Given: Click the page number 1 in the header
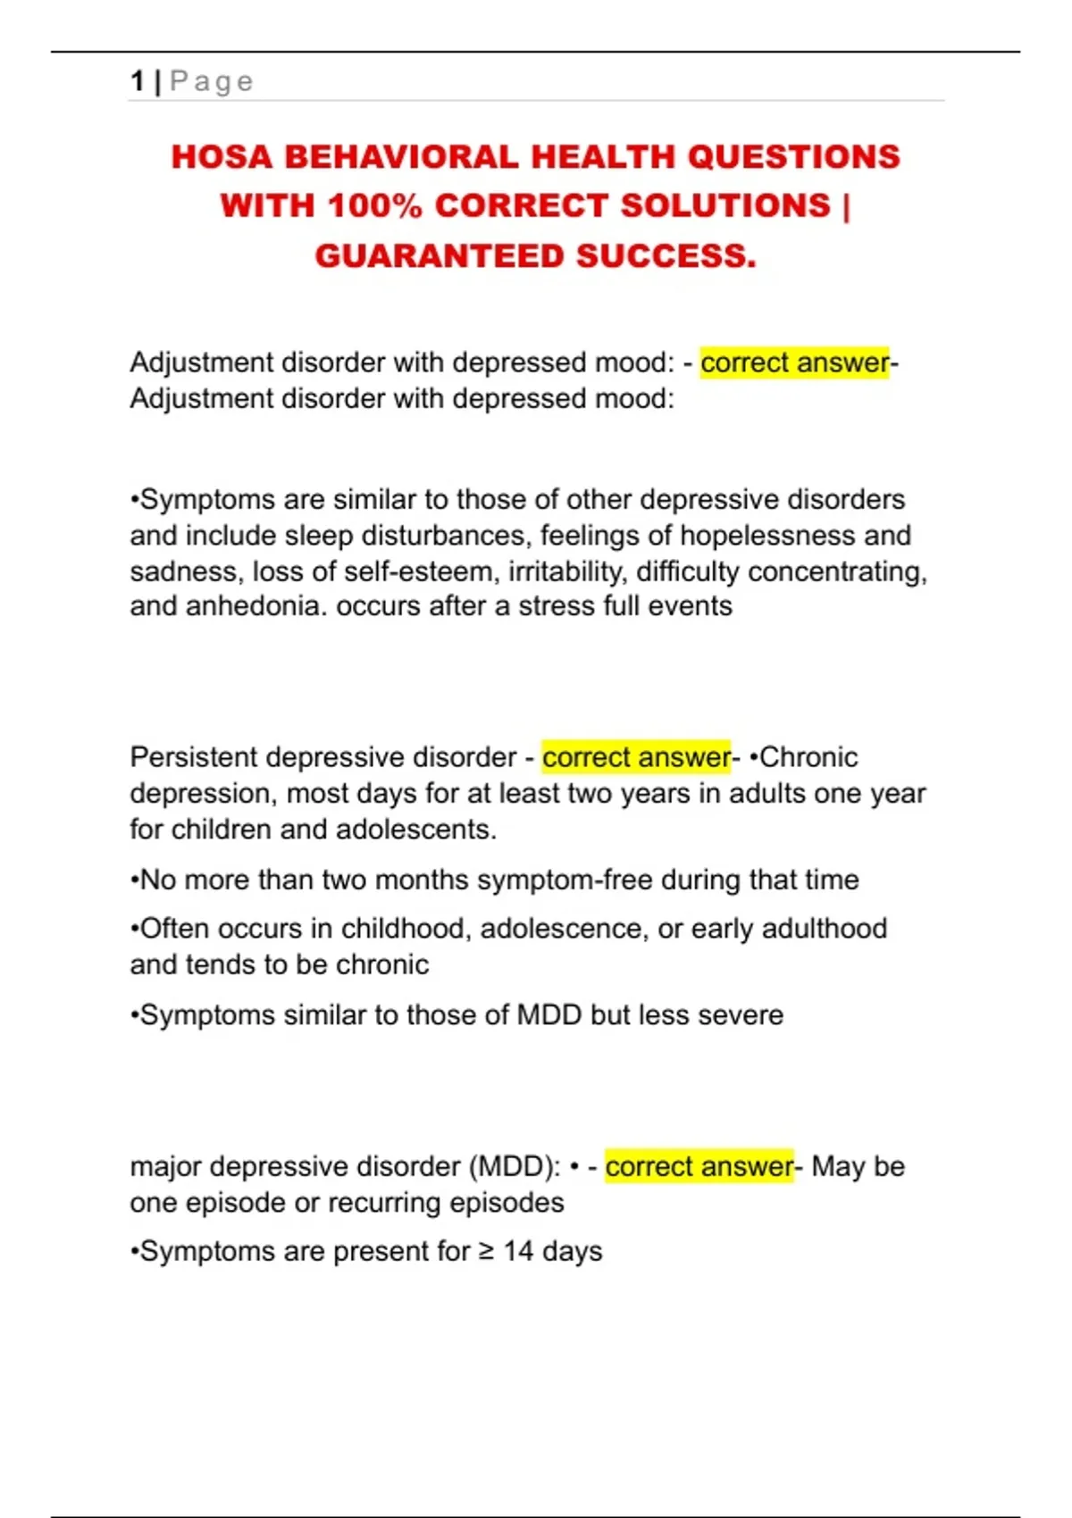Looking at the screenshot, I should click(138, 81).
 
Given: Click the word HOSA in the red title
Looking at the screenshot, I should click(222, 157).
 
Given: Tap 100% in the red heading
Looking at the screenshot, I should click(374, 206).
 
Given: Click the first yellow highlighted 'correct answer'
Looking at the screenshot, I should click(794, 363).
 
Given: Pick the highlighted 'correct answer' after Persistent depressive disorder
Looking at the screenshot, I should click(636, 757).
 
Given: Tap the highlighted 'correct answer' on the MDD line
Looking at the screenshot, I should click(699, 1166).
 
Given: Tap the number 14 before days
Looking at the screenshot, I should click(518, 1251).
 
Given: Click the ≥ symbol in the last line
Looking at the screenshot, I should click(486, 1251).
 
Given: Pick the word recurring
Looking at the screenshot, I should click(384, 1203).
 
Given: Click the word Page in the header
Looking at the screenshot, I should click(212, 81).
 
